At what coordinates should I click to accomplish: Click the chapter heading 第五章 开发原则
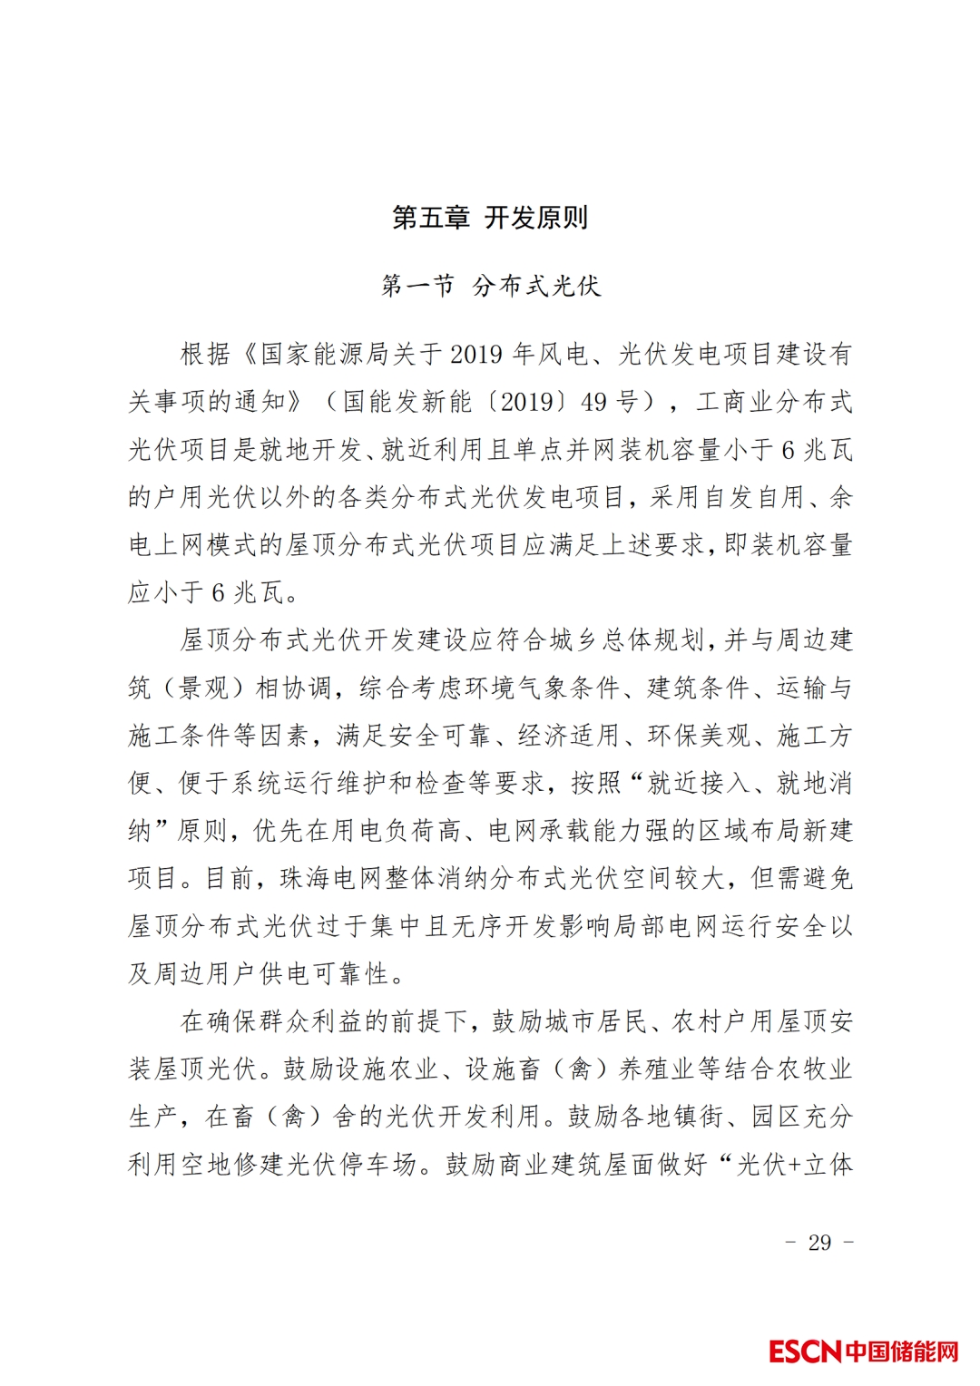point(490,218)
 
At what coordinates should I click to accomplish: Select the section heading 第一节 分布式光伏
point(490,286)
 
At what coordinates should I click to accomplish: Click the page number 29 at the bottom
point(819,1242)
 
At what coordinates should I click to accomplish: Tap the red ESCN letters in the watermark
point(805,1352)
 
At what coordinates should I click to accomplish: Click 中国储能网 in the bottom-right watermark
point(902,1352)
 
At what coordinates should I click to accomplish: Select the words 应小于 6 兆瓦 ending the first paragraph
point(213,592)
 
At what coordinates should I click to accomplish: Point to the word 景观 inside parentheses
point(205,688)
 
